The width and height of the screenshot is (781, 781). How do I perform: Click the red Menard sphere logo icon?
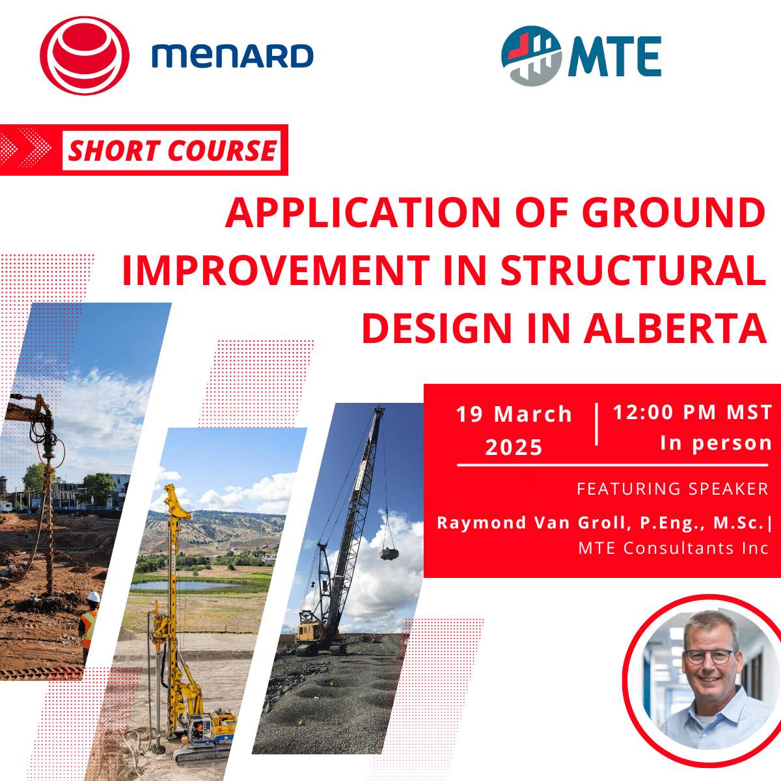click(x=85, y=56)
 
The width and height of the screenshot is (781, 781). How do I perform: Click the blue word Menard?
click(x=232, y=56)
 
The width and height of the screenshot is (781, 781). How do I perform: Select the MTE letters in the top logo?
click(x=614, y=57)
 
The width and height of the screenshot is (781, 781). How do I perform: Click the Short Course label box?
click(x=172, y=151)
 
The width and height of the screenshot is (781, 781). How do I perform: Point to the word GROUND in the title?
click(x=673, y=213)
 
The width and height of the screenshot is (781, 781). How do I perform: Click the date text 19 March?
click(x=514, y=415)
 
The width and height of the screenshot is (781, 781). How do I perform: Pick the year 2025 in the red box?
click(x=514, y=448)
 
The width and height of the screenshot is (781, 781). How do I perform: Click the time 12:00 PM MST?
click(x=692, y=412)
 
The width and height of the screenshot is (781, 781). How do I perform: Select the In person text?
click(x=716, y=443)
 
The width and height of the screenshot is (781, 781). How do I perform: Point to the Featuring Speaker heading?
click(x=672, y=489)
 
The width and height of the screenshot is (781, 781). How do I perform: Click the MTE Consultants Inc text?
click(x=673, y=549)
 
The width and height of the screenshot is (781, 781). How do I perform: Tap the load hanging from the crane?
click(x=389, y=553)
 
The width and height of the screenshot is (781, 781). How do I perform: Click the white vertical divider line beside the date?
click(x=597, y=424)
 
